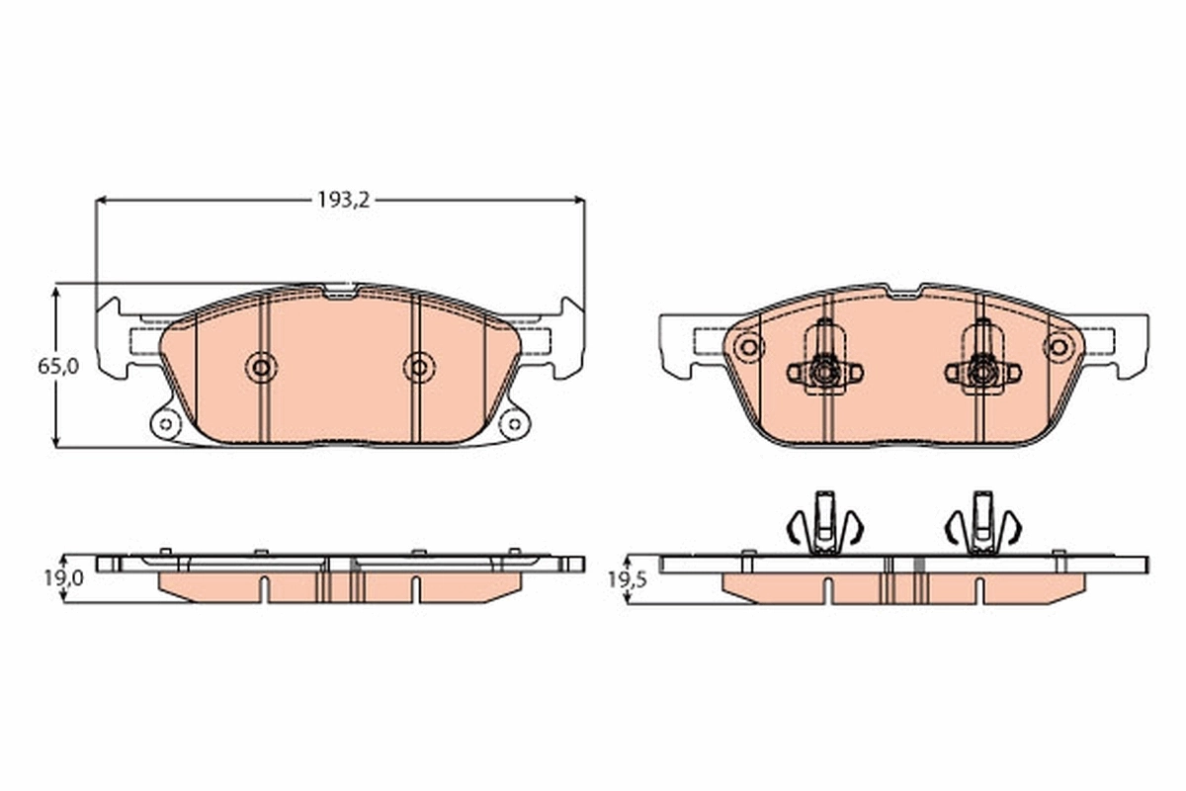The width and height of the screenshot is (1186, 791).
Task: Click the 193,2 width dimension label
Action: point(342,200)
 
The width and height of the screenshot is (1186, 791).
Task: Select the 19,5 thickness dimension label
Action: point(627,579)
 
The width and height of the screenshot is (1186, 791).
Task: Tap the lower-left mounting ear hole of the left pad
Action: point(165,425)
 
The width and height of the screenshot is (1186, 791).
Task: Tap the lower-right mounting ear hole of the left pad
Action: point(513,425)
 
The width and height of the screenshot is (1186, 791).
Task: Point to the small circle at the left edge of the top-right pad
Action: point(748,347)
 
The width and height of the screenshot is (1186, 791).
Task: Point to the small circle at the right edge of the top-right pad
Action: point(1059,347)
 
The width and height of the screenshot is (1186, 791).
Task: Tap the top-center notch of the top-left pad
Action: point(341,291)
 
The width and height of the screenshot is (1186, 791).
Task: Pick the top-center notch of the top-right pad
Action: point(902,292)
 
